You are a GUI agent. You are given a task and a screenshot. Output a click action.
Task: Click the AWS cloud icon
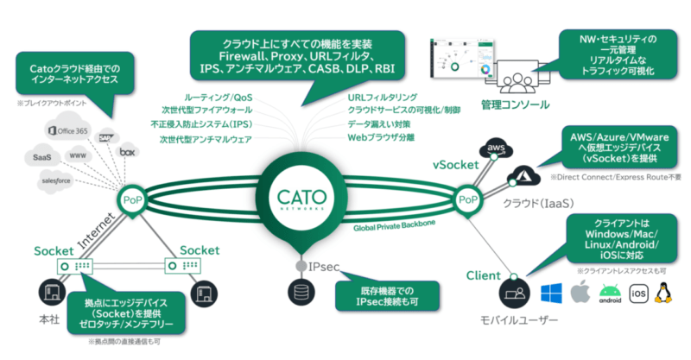tap(496, 148)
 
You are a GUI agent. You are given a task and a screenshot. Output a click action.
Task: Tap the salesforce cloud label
tap(54, 181)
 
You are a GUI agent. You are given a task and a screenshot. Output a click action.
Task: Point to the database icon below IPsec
tap(300, 294)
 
